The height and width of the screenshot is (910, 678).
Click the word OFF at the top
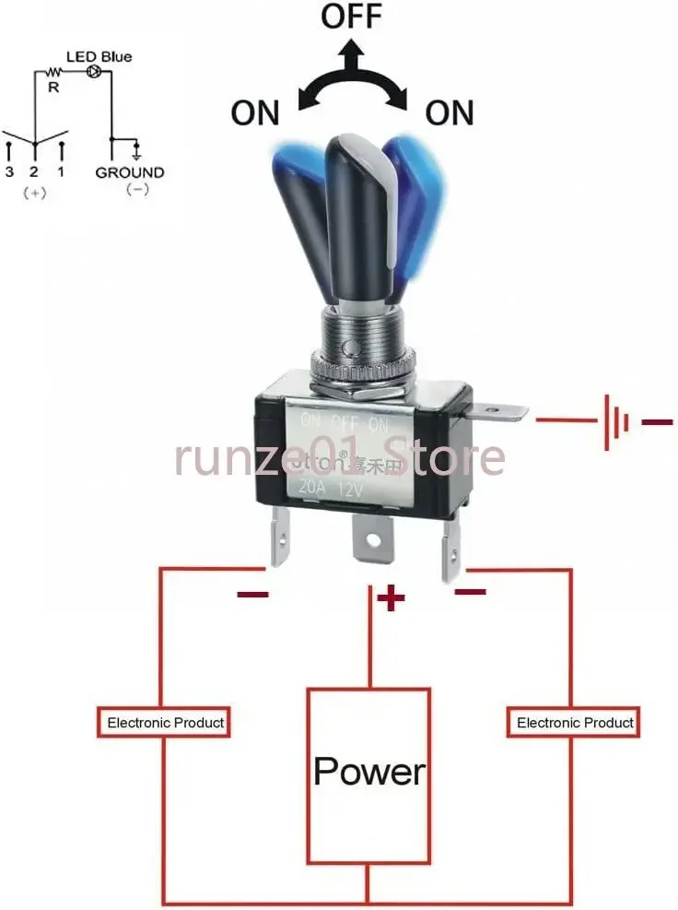click(x=352, y=18)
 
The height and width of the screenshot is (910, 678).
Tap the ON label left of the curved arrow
click(x=255, y=113)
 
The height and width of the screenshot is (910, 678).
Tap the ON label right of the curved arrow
click(x=449, y=113)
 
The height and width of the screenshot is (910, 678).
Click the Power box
click(x=368, y=770)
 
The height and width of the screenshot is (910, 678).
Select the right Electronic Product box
click(x=575, y=722)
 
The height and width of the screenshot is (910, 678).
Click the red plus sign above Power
click(x=392, y=598)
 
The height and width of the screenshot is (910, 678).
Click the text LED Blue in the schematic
click(x=99, y=56)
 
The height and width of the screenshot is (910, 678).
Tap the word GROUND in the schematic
click(x=130, y=172)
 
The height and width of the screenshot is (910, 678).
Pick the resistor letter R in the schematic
click(x=53, y=88)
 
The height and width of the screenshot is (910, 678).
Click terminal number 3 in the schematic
click(x=9, y=172)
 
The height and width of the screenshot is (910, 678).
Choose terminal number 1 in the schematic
click(x=61, y=172)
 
